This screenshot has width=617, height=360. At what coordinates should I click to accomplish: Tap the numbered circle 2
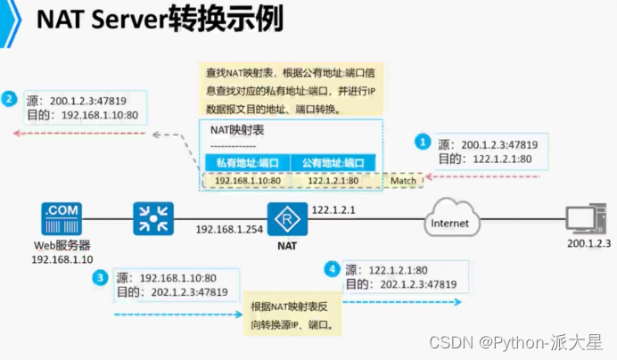(x=9, y=99)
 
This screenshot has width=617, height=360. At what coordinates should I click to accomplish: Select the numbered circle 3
(x=101, y=277)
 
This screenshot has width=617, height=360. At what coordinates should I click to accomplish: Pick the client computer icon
(x=587, y=219)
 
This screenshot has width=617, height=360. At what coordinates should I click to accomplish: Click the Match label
(x=403, y=181)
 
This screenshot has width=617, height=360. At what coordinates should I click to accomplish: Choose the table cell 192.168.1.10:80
(x=247, y=181)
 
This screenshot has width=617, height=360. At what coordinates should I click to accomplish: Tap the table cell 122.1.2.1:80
(x=333, y=181)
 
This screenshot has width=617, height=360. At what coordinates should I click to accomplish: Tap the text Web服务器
(x=61, y=245)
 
